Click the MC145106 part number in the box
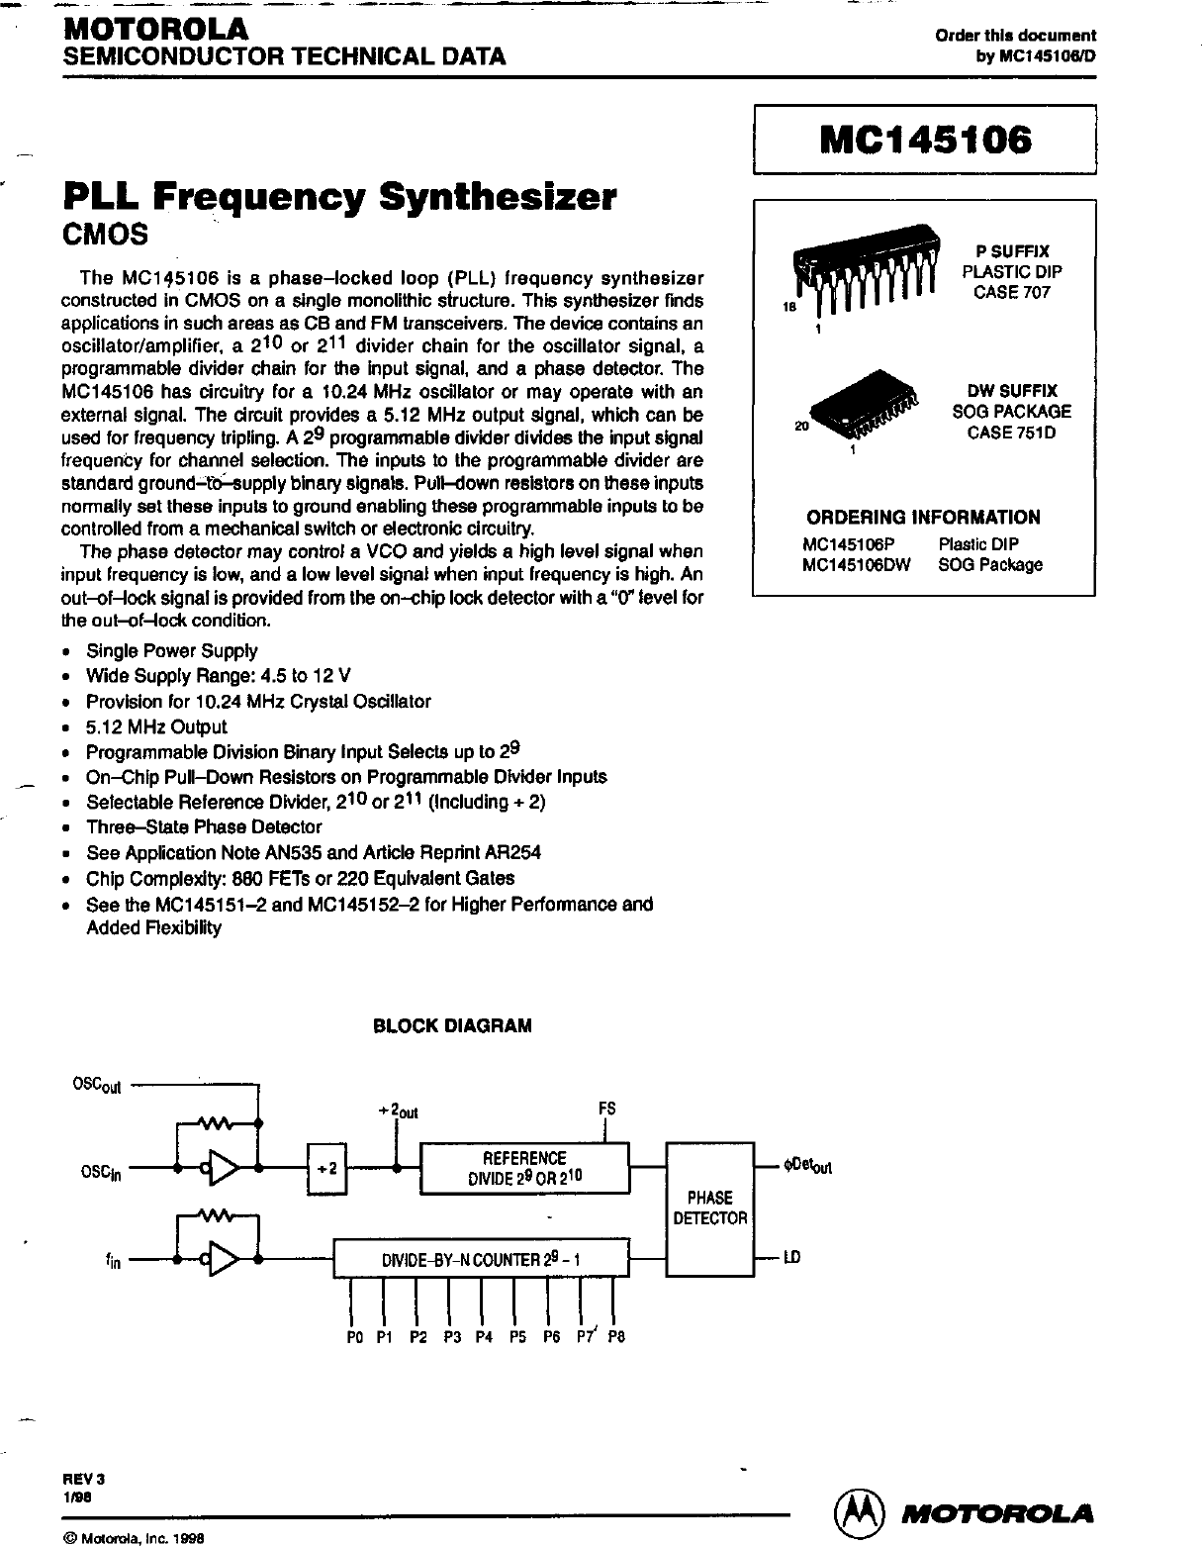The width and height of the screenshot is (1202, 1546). (x=925, y=141)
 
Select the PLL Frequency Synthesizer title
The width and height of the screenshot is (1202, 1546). (x=339, y=196)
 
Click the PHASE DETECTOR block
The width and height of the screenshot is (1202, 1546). (x=709, y=1208)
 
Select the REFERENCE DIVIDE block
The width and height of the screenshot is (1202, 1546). (x=524, y=1169)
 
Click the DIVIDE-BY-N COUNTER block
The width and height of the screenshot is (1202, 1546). (x=481, y=1261)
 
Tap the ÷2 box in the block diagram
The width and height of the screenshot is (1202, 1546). (x=326, y=1169)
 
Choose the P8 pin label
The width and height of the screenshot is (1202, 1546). (x=616, y=1336)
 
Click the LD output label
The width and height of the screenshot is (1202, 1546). (x=791, y=1258)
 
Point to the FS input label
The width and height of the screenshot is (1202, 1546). (x=607, y=1108)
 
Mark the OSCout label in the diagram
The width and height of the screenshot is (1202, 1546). (x=97, y=1086)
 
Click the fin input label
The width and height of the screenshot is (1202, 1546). (x=113, y=1262)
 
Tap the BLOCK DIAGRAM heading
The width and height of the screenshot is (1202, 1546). (x=452, y=1025)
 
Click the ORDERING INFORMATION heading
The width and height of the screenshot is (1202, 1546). (x=923, y=517)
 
